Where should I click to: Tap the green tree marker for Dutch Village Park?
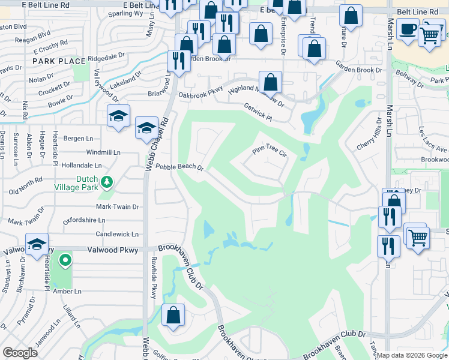[107, 181]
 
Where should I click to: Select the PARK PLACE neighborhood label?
[59, 61]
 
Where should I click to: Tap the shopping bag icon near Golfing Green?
[173, 316]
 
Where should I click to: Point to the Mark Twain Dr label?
[118, 206]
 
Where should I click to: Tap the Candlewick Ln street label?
[118, 234]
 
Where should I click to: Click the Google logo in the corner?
[20, 353]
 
